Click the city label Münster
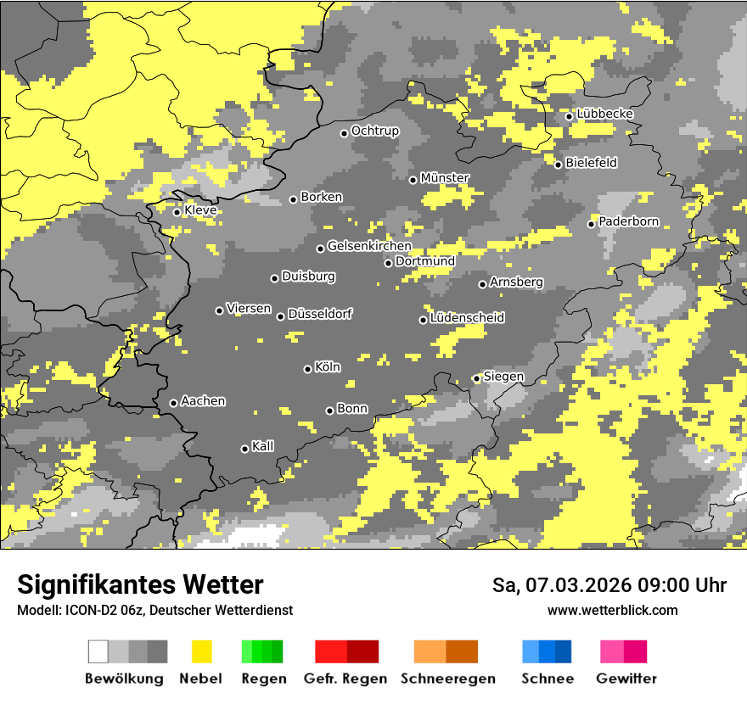[445, 178]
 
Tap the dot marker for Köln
[307, 369]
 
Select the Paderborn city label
[628, 222]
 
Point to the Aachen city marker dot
[173, 403]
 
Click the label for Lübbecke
[604, 115]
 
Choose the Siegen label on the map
[503, 377]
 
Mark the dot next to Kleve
[177, 212]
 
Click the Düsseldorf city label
[320, 315]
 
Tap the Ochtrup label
[374, 131]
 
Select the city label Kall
[263, 446]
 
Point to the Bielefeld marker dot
[558, 165]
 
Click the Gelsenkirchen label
[369, 247]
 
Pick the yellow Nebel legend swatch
[201, 651]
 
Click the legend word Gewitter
[626, 679]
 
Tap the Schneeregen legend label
[447, 679]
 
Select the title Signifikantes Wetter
[140, 584]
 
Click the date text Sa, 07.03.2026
[565, 585]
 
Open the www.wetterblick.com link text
[612, 610]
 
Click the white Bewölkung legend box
[98, 651]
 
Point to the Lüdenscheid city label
[467, 318]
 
